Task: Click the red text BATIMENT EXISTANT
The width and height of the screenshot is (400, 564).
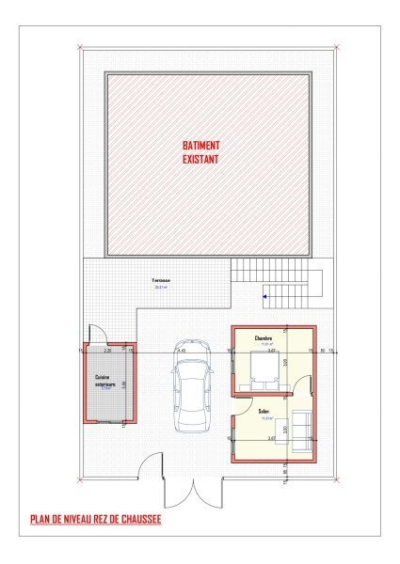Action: click(x=201, y=152)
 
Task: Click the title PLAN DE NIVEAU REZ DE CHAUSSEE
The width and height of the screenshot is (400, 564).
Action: click(x=96, y=520)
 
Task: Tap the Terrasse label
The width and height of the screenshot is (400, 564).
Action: click(x=159, y=282)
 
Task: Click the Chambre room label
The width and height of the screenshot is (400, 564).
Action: click(x=264, y=337)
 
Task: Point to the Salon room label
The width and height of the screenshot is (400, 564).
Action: click(x=264, y=411)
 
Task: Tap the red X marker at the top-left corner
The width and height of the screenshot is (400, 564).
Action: click(x=81, y=47)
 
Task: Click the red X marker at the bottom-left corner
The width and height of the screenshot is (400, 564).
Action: click(x=81, y=478)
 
